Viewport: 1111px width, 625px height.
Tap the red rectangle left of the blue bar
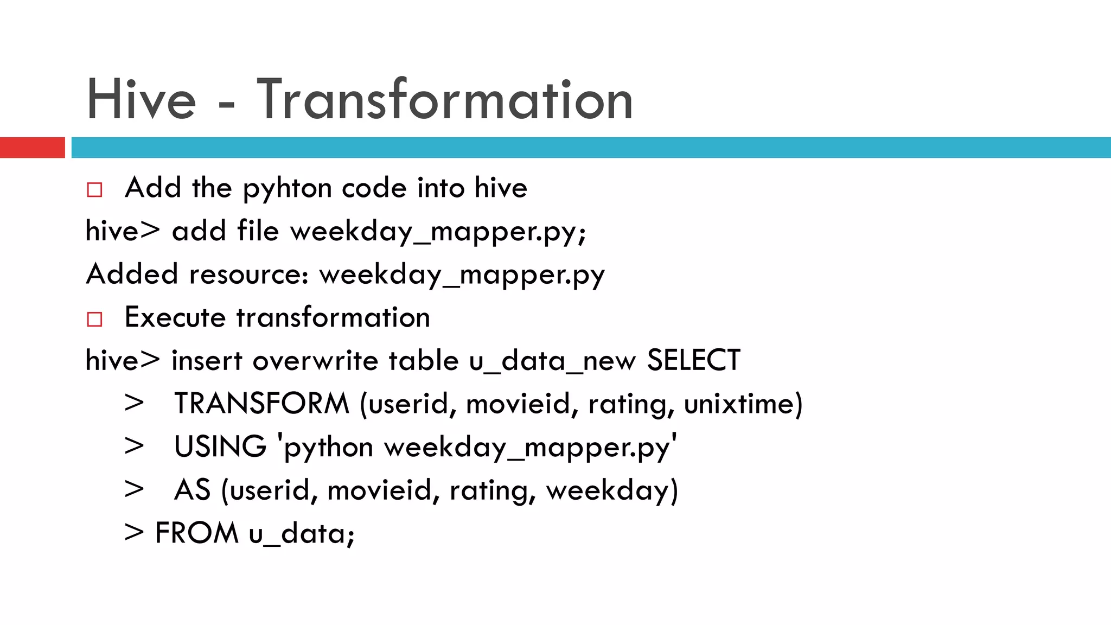pyautogui.click(x=32, y=148)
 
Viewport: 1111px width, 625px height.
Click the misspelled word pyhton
pyautogui.click(x=287, y=189)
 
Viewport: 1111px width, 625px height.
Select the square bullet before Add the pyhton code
pyautogui.click(x=94, y=190)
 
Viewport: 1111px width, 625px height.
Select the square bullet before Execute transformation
pyautogui.click(x=94, y=319)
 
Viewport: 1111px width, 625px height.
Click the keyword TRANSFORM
pyautogui.click(x=261, y=404)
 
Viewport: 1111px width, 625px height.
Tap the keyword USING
pyautogui.click(x=220, y=447)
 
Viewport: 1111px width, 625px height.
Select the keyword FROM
pyautogui.click(x=196, y=533)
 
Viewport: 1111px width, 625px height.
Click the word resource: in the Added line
pyautogui.click(x=249, y=274)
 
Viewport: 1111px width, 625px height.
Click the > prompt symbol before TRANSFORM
pyautogui.click(x=134, y=404)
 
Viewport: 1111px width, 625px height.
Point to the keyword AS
pyautogui.click(x=191, y=490)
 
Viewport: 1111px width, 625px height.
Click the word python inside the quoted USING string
pyautogui.click(x=329, y=448)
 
